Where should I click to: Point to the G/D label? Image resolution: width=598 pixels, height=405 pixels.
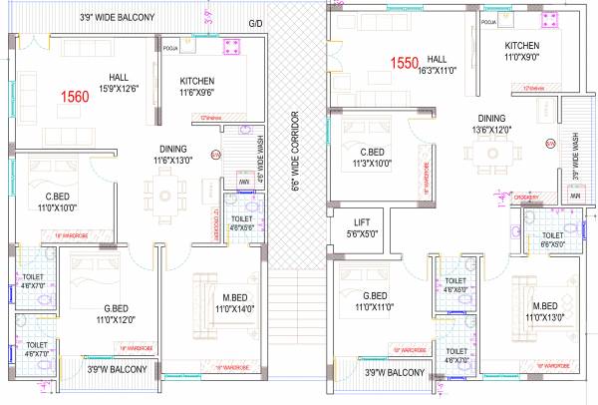click(256, 22)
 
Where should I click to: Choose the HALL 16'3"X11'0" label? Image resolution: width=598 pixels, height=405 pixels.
click(435, 65)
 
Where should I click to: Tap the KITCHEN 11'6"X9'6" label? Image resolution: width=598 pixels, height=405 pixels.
click(198, 87)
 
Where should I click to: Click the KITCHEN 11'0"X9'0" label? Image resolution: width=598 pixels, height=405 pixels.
click(522, 52)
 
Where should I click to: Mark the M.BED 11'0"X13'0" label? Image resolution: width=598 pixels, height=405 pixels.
click(546, 312)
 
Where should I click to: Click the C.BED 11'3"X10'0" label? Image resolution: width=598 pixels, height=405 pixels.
click(381, 159)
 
